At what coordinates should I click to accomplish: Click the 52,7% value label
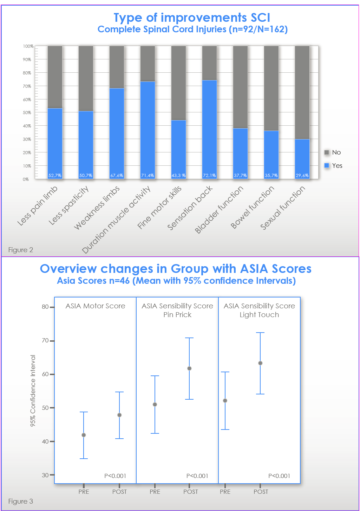coord(55,176)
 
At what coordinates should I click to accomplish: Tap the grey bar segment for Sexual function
coord(302,92)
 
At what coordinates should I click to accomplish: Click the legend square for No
coord(327,152)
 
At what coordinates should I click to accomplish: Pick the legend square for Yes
coord(327,165)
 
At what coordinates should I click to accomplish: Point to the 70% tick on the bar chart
coord(27,86)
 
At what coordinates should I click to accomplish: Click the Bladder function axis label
coord(220,210)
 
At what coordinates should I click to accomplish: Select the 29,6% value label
coord(302,176)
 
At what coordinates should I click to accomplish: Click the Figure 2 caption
coord(21,250)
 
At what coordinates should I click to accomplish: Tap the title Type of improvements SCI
coord(192,18)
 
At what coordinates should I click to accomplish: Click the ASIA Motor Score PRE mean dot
coord(84,435)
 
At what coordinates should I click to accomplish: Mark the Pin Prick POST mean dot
coord(189,368)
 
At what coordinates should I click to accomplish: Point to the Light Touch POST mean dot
coord(260,363)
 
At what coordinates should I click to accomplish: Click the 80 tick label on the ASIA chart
coord(45,307)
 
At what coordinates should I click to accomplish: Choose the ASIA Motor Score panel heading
coord(95,306)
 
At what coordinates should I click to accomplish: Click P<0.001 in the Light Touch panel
coord(279,476)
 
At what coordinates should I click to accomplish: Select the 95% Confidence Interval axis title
coord(33,391)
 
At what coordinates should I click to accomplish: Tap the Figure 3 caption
coord(21,502)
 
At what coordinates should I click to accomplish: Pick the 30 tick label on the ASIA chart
coord(45,475)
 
